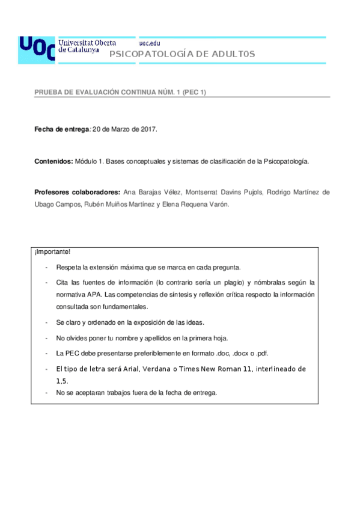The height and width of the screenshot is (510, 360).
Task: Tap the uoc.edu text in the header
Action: pos(150,43)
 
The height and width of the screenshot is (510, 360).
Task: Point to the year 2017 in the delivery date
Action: pos(147,129)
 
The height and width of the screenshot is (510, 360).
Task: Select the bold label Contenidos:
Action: pos(54,161)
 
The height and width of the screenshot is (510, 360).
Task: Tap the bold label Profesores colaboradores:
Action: pos(78,193)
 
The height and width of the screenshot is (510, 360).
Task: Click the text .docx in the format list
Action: pos(243,353)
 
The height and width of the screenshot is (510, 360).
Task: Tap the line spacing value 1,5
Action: pos(62,381)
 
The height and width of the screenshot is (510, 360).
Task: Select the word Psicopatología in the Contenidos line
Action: pos(287,161)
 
